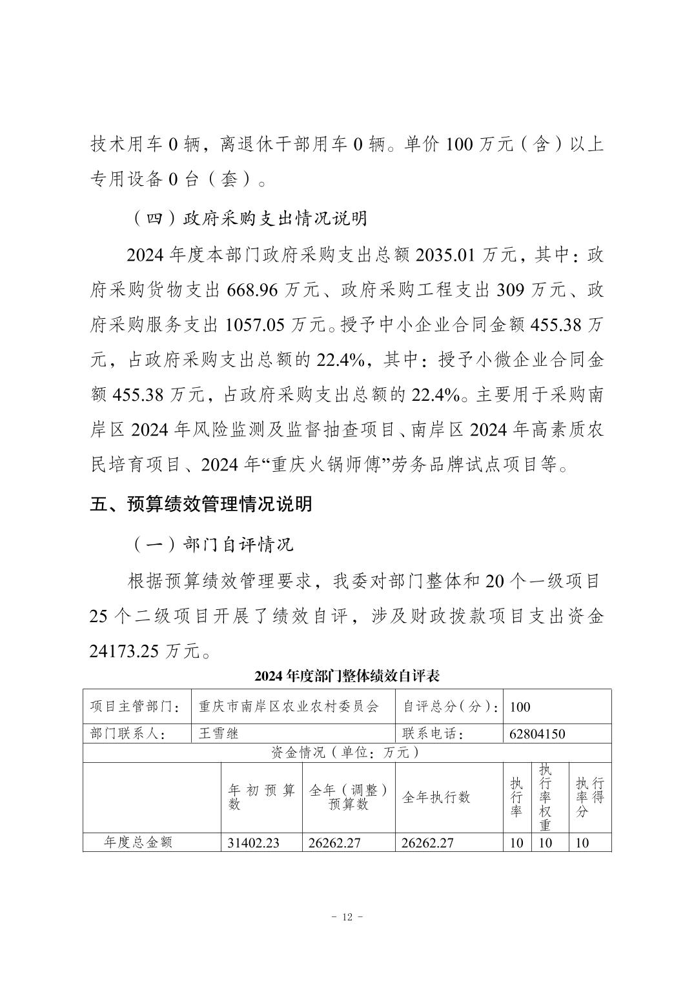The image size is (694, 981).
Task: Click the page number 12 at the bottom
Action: pyautogui.click(x=347, y=917)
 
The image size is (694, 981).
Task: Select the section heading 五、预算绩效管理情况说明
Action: pyautogui.click(x=201, y=504)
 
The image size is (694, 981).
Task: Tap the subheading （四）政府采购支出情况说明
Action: pyautogui.click(x=250, y=218)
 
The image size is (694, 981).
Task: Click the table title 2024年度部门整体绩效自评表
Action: pyautogui.click(x=347, y=676)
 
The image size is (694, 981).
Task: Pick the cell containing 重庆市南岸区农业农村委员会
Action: pyautogui.click(x=288, y=706)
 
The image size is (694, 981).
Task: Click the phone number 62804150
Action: pyautogui.click(x=537, y=734)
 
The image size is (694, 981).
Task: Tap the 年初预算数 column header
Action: pyautogui.click(x=261, y=797)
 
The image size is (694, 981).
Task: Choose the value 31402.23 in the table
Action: pyautogui.click(x=254, y=842)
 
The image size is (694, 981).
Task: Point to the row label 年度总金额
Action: pyautogui.click(x=139, y=842)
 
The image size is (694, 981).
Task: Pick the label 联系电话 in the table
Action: pyautogui.click(x=433, y=734)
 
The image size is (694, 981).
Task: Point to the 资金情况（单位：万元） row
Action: pyautogui.click(x=347, y=752)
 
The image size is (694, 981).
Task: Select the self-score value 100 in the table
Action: pyautogui.click(x=520, y=706)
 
